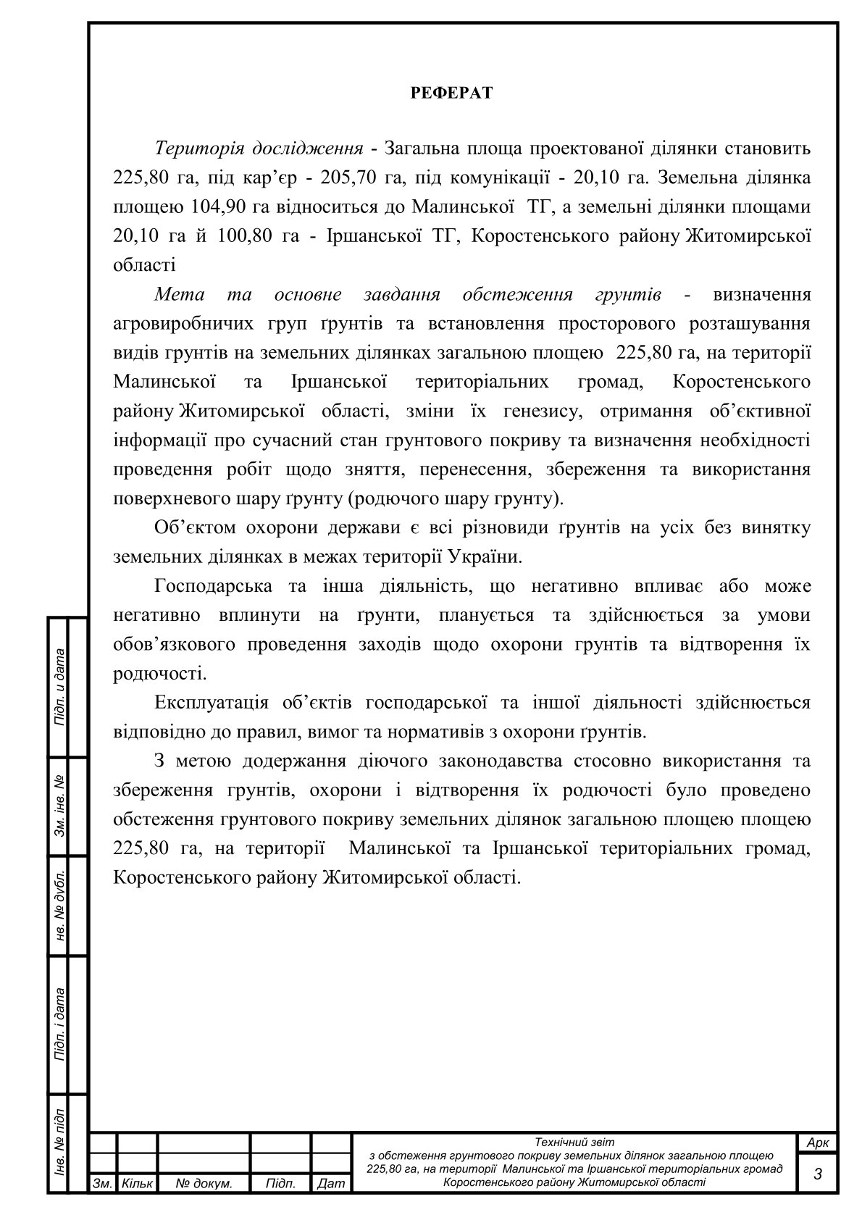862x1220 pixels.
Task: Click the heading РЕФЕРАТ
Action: pyautogui.click(x=451, y=93)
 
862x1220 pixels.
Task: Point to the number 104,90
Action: pyautogui.click(x=216, y=207)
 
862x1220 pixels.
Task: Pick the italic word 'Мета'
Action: pyautogui.click(x=180, y=295)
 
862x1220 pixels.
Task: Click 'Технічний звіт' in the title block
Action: pyautogui.click(x=574, y=1142)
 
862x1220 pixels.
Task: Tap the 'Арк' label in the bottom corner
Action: pyautogui.click(x=817, y=1142)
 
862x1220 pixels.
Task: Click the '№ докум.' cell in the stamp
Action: pyautogui.click(x=204, y=1184)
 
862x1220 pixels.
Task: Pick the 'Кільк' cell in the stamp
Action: pyautogui.click(x=137, y=1184)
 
